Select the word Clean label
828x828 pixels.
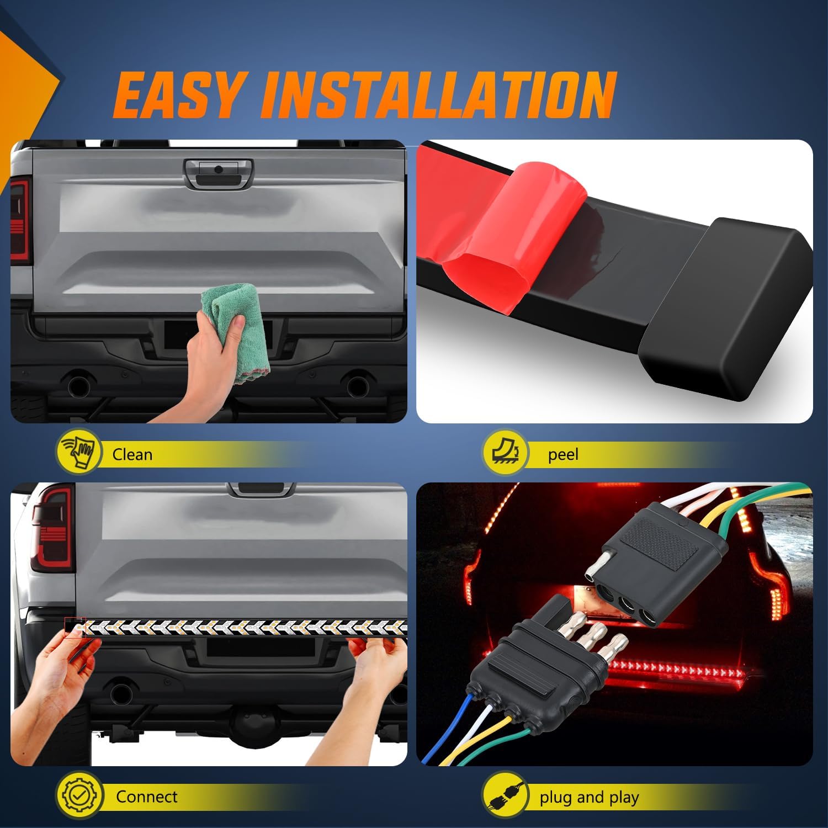[132, 454]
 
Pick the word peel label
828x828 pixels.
[563, 454]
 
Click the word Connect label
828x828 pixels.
[146, 797]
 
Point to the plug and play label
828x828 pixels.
[589, 797]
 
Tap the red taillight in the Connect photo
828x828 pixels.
[52, 530]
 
